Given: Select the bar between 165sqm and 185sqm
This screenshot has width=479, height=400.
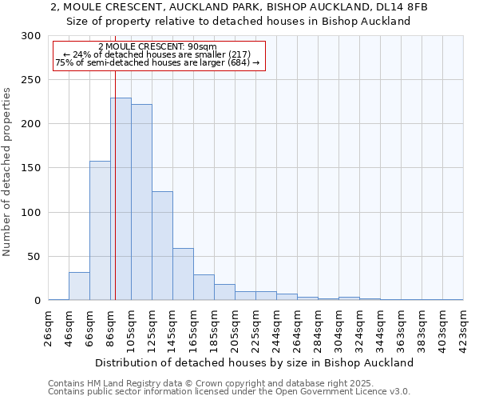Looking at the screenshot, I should click(204, 287).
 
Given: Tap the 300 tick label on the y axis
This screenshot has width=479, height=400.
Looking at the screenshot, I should click(31, 36).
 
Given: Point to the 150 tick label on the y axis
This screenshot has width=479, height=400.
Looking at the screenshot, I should click(31, 168).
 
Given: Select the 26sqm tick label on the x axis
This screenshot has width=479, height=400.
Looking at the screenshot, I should click(49, 328).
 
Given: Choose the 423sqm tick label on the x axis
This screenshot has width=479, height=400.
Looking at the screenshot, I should click(464, 328).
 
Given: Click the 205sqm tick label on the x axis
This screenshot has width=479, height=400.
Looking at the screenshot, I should click(236, 328).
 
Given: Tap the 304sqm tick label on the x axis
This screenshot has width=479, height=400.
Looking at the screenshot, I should click(339, 328).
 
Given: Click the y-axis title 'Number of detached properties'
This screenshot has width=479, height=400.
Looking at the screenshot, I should click(8, 172).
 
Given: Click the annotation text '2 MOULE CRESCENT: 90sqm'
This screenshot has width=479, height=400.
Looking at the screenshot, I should click(157, 46).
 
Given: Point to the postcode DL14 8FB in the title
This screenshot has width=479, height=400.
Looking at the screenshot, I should click(396, 7).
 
